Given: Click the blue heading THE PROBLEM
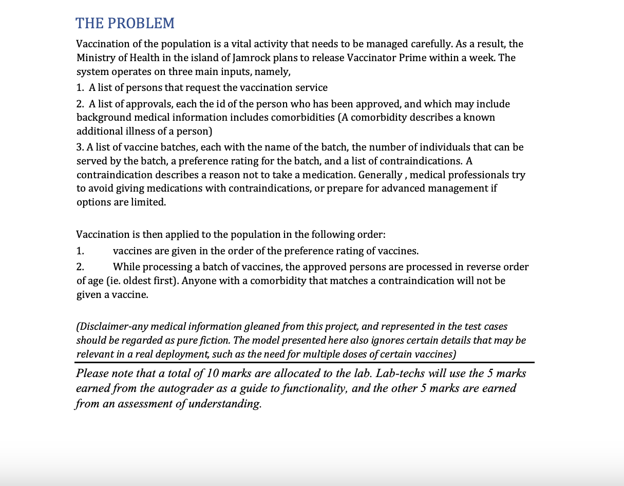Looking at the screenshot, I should [125, 23].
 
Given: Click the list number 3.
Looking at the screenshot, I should [80, 147].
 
